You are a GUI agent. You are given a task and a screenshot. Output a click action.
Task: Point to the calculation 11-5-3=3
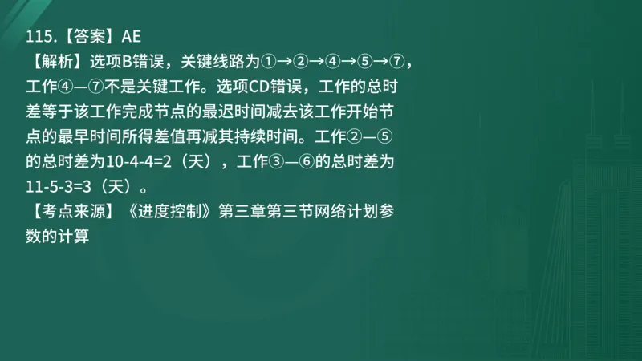click(x=63, y=187)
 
